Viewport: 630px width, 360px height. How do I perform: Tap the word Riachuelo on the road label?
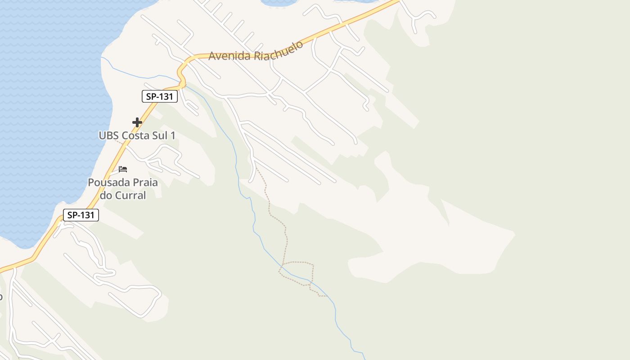pyautogui.click(x=279, y=51)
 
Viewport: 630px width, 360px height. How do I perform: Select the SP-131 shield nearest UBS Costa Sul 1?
pyautogui.click(x=160, y=96)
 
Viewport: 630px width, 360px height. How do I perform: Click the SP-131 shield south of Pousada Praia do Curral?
pyautogui.click(x=81, y=215)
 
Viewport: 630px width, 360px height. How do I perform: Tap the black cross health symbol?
pyautogui.click(x=137, y=122)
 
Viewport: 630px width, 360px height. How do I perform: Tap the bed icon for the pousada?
pyautogui.click(x=123, y=169)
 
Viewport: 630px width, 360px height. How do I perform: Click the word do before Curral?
pyautogui.click(x=106, y=195)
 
